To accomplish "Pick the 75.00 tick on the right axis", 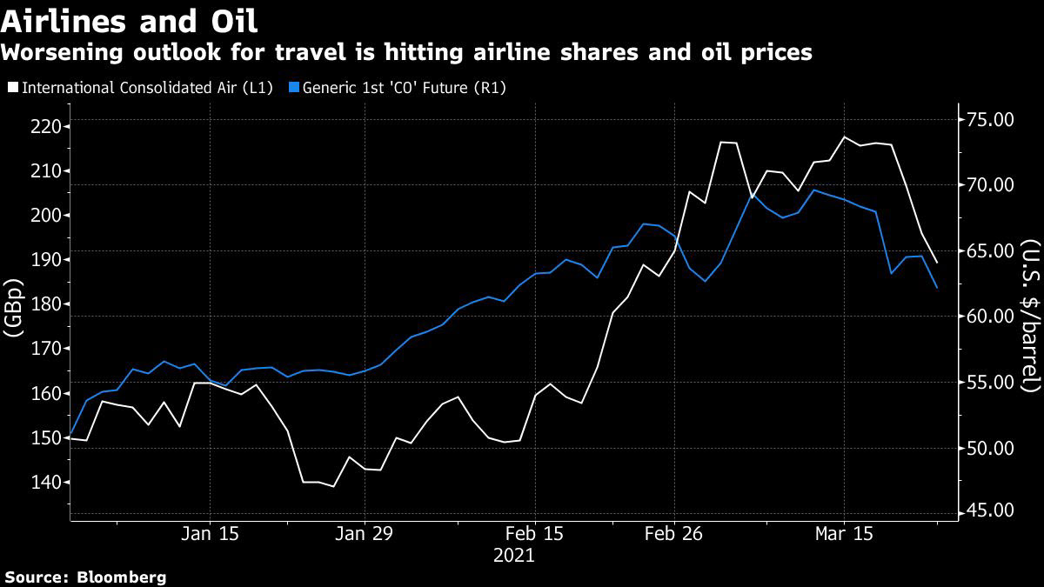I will click(x=990, y=119).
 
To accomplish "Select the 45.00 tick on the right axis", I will click(x=990, y=510).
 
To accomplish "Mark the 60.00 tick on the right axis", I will click(x=990, y=317).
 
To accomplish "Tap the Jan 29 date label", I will click(x=363, y=533).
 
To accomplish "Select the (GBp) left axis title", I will click(x=15, y=307).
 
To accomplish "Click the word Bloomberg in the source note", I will click(x=122, y=577).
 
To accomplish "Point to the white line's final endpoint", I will click(x=936, y=263).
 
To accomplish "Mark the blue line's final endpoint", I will click(x=936, y=288).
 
